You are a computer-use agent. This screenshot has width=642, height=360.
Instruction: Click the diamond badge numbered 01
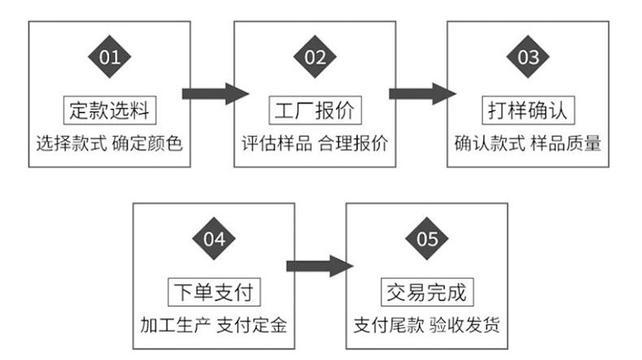pyautogui.click(x=109, y=57)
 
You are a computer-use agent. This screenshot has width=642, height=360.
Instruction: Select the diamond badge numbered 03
pyautogui.click(x=528, y=57)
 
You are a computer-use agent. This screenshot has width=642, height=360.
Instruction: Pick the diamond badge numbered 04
pyautogui.click(x=213, y=239)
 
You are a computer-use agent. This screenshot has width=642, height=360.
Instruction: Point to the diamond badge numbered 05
pyautogui.click(x=427, y=239)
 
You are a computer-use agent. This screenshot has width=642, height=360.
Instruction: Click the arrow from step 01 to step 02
pyautogui.click(x=214, y=93)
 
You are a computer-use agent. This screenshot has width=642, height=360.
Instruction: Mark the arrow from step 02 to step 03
pyautogui.click(x=422, y=93)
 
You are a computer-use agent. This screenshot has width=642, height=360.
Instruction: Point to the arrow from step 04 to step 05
pyautogui.click(x=319, y=266)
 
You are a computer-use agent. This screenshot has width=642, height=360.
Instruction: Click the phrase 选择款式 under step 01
pyautogui.click(x=69, y=144)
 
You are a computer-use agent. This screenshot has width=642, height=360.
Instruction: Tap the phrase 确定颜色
pyautogui.click(x=149, y=144)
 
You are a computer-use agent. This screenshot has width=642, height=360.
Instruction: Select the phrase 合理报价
pyautogui.click(x=354, y=144)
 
